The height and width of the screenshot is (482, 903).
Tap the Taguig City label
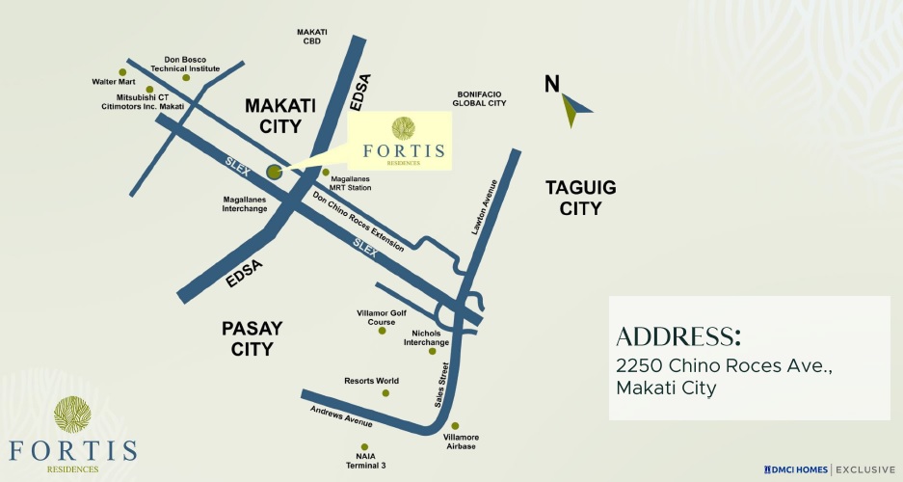click(580, 198)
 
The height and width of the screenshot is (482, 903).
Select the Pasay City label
click(252, 338)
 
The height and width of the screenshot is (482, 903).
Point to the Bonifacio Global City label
click(479, 98)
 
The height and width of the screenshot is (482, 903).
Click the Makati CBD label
click(312, 38)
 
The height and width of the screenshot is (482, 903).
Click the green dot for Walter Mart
click(122, 71)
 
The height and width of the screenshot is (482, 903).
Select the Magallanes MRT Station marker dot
click(326, 172)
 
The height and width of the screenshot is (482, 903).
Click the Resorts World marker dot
click(385, 392)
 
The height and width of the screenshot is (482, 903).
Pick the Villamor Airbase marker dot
click(456, 425)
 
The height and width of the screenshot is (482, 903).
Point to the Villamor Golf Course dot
click(382, 331)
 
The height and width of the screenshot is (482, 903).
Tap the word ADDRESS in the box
click(678, 336)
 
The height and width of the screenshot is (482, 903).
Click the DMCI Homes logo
click(796, 469)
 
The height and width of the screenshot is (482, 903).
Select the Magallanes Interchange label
click(245, 203)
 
